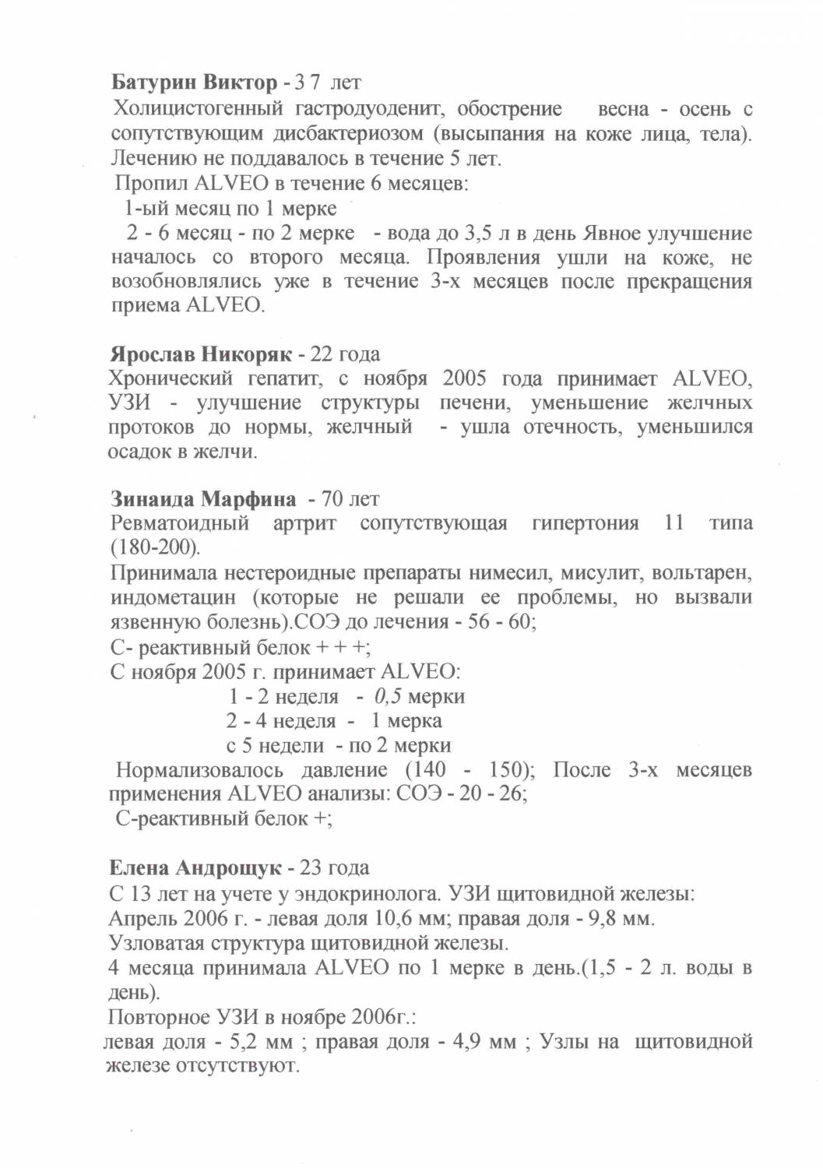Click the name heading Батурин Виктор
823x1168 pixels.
coord(194,82)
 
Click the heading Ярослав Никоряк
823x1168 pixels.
coord(200,355)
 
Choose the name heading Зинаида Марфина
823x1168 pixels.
coord(202,498)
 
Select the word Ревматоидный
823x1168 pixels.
coord(180,522)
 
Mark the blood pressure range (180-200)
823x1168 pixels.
coord(155,547)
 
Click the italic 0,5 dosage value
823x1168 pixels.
coord(388,696)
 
